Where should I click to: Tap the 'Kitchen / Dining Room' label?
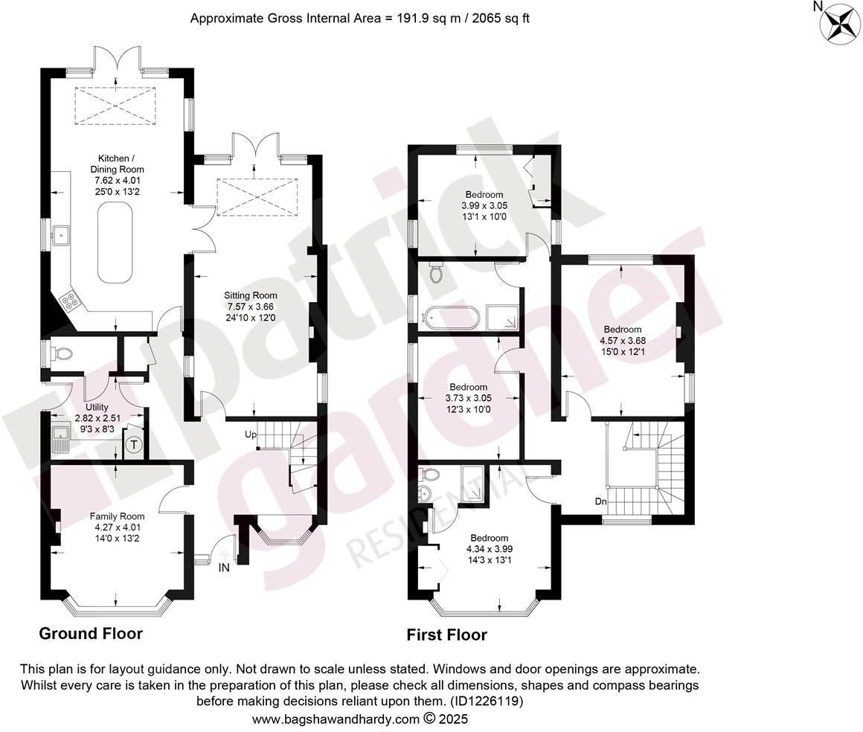118,164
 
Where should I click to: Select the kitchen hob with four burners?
70,300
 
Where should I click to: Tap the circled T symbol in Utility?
134,445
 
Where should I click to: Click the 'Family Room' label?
118,516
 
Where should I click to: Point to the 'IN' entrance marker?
224,568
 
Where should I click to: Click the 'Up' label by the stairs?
251,433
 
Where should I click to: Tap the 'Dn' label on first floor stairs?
602,501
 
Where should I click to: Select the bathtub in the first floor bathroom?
450,316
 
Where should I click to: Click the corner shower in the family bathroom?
503,316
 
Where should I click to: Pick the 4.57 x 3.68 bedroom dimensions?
622,341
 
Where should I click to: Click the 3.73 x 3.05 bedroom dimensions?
468,398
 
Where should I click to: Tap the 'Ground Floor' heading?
90,633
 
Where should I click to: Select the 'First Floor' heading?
446,635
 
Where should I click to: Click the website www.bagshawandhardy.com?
336,719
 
